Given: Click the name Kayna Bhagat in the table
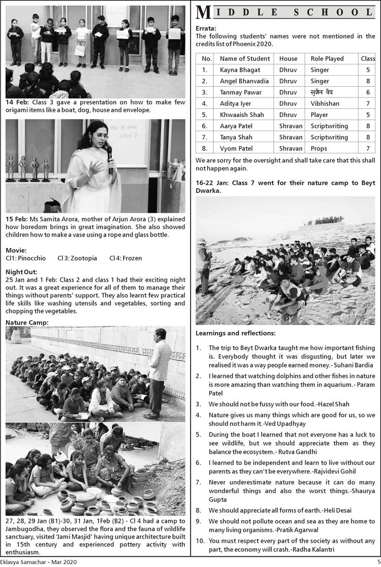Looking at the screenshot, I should tap(240, 70).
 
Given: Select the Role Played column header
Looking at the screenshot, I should tap(327, 59).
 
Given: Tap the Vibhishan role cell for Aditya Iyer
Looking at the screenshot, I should tap(325, 104).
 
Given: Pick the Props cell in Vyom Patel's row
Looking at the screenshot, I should tap(320, 148).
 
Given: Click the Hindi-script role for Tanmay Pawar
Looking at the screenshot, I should tap(322, 92).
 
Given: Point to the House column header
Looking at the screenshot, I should tap(288, 59).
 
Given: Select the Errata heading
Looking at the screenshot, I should tap(206, 28).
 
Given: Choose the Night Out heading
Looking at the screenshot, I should tap(21, 272).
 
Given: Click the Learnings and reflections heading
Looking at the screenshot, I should tap(236, 333).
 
